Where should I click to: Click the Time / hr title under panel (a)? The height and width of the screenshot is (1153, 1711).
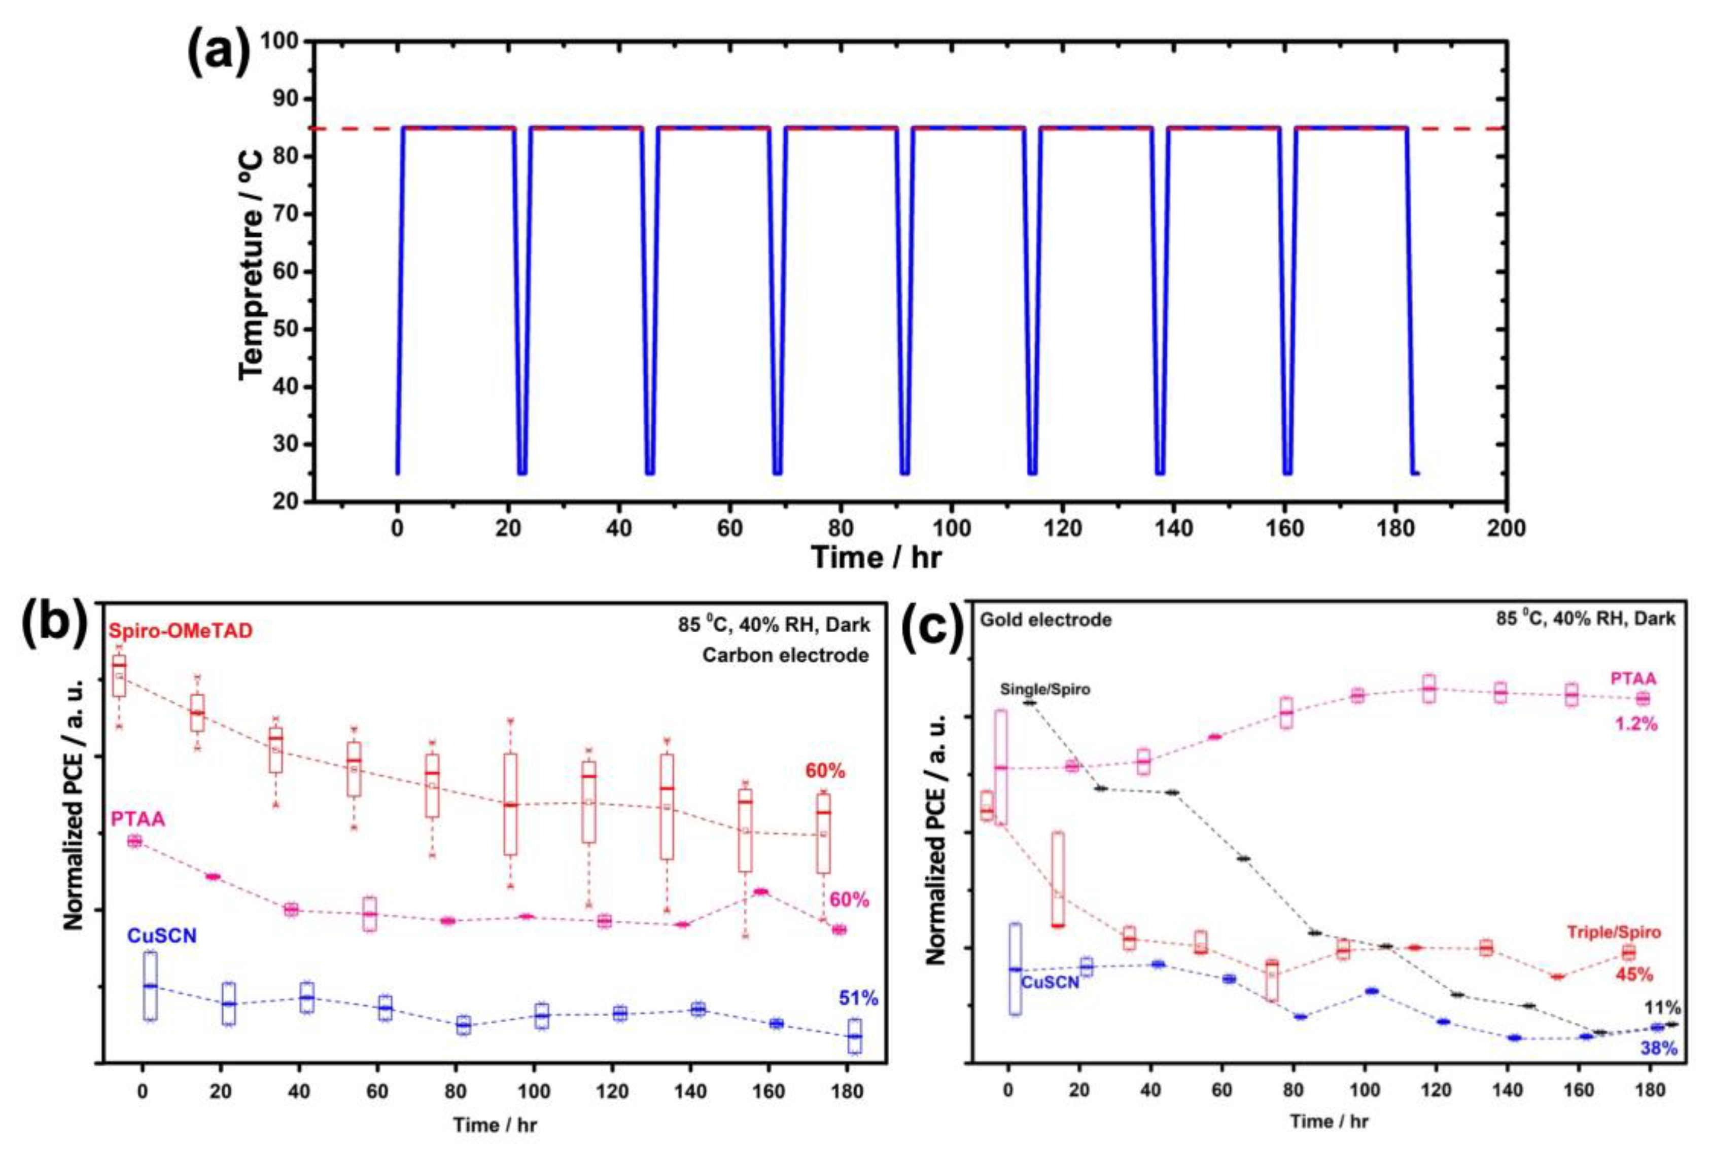[x=876, y=557]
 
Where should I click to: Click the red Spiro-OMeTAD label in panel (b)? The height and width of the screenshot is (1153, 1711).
[x=181, y=631]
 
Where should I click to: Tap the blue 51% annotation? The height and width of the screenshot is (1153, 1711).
[x=858, y=998]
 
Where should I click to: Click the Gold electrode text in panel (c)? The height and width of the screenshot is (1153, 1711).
[x=1045, y=621]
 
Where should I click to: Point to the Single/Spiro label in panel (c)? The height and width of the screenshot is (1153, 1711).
[x=1044, y=690]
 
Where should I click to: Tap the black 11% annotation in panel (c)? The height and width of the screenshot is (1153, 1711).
[x=1659, y=1007]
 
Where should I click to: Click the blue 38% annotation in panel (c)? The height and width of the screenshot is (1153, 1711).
[x=1658, y=1049]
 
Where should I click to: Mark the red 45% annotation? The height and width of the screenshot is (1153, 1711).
[x=1634, y=975]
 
